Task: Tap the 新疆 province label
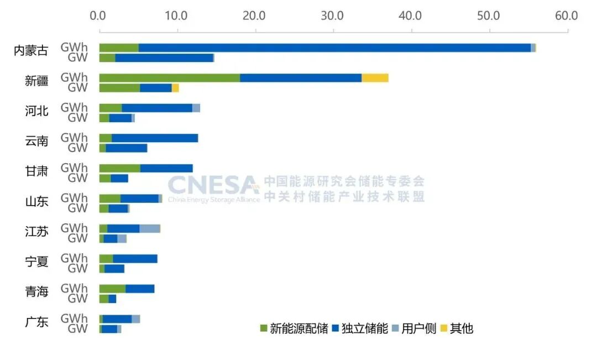(x=36, y=81)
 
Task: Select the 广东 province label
(x=36, y=322)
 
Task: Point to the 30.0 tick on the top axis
(x=333, y=15)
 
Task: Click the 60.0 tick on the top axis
(x=567, y=15)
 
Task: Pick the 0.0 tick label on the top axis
(x=99, y=15)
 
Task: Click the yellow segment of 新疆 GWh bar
(x=375, y=78)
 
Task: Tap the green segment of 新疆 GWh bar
(x=169, y=78)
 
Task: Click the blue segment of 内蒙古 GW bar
(x=164, y=58)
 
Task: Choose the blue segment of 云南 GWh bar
(x=155, y=138)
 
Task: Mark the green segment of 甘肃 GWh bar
(x=119, y=168)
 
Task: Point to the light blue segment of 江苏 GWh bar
(x=149, y=228)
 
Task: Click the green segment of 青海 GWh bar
(x=112, y=289)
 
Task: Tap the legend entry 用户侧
(x=413, y=328)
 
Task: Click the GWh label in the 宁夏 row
(x=74, y=258)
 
